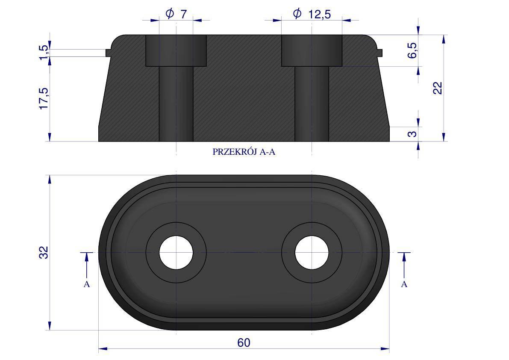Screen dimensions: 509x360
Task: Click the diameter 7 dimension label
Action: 176,14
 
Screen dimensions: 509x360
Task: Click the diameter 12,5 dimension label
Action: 312,14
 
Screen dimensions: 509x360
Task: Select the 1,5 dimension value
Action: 44,52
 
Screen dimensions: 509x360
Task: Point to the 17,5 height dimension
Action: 44,98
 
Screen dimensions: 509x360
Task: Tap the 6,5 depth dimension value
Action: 412,50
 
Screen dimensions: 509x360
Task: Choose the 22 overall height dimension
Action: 438,88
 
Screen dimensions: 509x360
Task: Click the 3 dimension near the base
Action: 412,133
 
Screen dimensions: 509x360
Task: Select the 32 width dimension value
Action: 44,253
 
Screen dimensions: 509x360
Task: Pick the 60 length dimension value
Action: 244,343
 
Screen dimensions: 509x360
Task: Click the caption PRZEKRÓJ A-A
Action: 244,152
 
